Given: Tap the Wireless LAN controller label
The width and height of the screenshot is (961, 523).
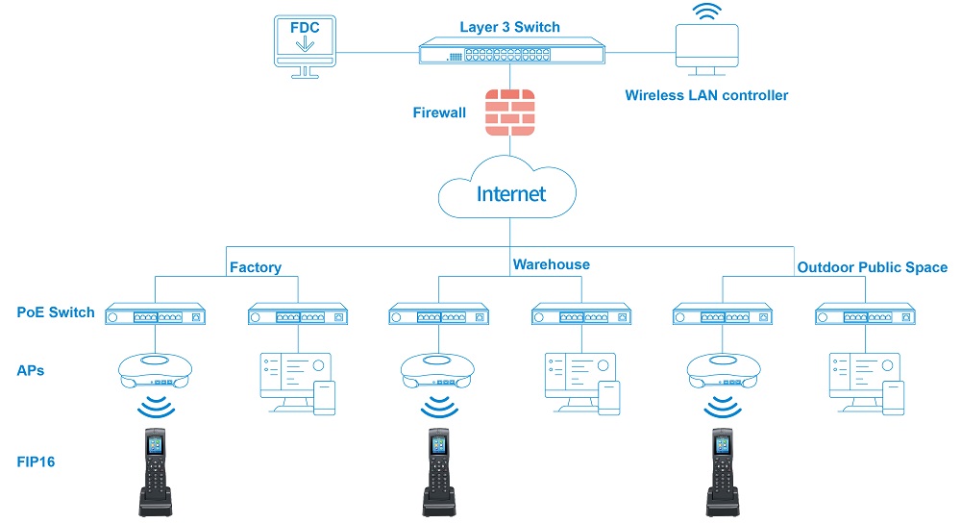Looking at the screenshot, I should [x=706, y=95].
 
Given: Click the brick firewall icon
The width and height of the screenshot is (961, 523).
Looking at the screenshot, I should [x=509, y=112].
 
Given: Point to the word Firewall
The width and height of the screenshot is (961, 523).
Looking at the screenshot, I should [x=439, y=112].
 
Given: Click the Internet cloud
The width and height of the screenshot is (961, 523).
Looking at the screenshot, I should [x=509, y=194].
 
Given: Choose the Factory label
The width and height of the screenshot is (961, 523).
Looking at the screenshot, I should [x=254, y=265].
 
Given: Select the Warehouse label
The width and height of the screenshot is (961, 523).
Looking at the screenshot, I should [x=551, y=264].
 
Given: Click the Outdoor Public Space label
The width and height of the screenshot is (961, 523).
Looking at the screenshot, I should [x=872, y=267].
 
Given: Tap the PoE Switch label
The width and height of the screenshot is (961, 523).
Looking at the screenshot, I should [x=56, y=312].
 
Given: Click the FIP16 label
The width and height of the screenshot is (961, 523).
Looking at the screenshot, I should [x=36, y=462].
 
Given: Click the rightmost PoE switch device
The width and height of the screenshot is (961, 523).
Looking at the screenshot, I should [x=863, y=314].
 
